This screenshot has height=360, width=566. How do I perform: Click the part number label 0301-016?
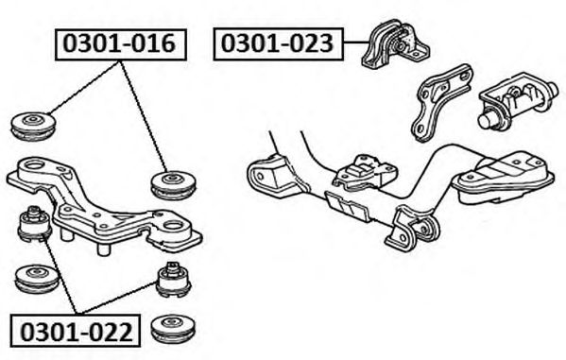[119, 43]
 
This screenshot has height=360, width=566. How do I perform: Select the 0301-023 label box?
[278, 43]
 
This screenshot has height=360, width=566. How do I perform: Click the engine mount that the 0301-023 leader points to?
[395, 44]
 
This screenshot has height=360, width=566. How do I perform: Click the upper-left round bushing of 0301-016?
[33, 127]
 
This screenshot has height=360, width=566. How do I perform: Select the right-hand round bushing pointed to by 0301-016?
[173, 185]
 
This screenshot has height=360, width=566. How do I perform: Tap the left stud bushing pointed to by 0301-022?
[35, 224]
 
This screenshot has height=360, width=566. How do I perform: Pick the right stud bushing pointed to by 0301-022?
[174, 280]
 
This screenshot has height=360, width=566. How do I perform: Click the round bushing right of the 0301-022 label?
[173, 330]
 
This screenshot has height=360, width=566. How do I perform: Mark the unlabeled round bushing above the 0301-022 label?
[38, 279]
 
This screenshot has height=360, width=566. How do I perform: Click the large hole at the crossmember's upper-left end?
[34, 166]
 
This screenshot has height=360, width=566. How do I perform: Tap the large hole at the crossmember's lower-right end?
[174, 226]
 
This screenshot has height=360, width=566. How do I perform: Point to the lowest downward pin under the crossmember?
[104, 249]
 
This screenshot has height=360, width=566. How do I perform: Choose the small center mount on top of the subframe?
[365, 172]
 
